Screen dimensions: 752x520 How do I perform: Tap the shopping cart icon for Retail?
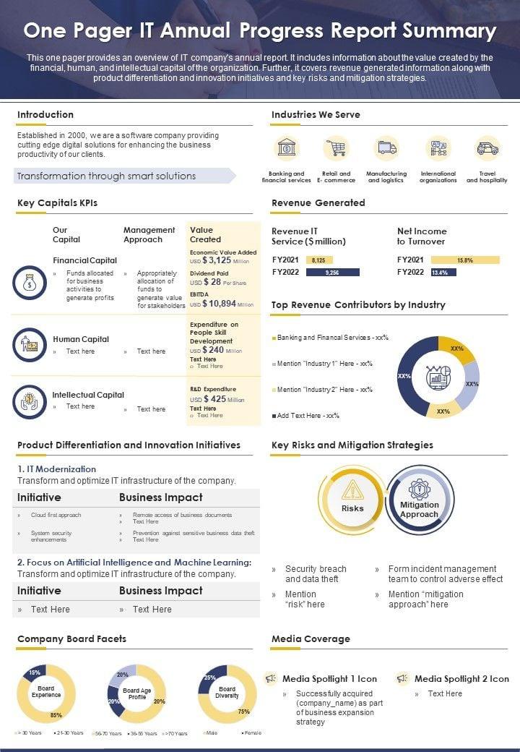coord(336,148)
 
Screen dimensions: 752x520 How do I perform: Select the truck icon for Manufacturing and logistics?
coord(386,148)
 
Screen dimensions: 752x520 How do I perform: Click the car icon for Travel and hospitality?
coord(487,148)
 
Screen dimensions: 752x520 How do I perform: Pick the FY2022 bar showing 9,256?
coord(332,273)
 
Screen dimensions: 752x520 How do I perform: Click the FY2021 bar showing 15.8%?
coord(465,260)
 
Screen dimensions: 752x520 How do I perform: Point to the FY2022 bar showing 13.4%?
coord(443,273)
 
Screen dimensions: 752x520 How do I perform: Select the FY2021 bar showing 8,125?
coord(319,260)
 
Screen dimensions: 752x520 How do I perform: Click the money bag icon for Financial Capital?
coord(29,283)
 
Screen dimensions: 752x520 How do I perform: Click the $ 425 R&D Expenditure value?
coord(215,398)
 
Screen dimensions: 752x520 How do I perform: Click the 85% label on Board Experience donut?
coord(56,716)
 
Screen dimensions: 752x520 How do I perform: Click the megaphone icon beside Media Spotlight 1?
coord(271,679)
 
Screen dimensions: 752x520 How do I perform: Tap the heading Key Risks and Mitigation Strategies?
coord(352,445)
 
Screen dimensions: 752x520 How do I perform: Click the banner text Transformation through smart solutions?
coord(106,176)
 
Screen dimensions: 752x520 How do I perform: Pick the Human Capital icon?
coord(29,344)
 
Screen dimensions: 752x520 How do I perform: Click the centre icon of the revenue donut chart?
coord(438,377)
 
